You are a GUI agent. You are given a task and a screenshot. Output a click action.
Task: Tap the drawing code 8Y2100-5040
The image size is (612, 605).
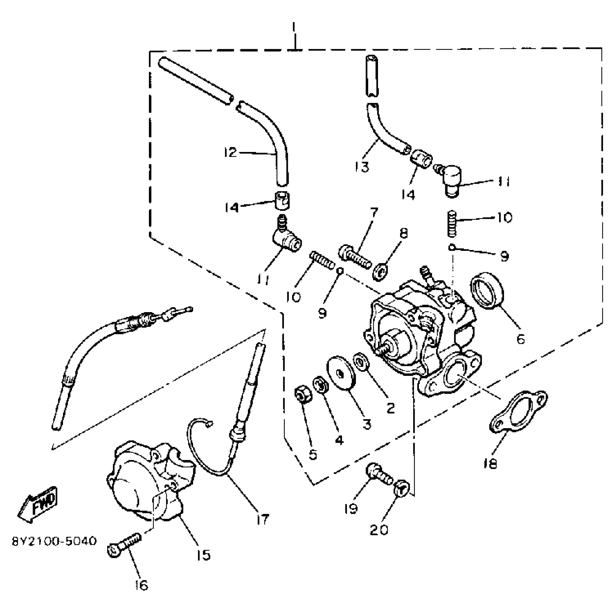pos(54,541)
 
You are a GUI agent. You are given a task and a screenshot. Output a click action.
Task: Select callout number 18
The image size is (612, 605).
pos(491,464)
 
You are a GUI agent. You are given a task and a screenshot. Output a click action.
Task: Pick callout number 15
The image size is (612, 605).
pos(203,555)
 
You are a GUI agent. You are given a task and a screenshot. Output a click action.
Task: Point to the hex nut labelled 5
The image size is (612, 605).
pos(303,394)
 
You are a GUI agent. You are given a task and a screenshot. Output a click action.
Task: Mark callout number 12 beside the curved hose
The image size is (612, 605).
pos(230,152)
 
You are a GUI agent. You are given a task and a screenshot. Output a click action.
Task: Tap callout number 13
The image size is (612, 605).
pos(362,167)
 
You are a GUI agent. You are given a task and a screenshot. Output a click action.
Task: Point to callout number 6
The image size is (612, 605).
pos(521,339)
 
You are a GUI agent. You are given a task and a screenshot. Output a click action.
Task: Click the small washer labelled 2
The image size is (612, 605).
pos(360,362)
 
